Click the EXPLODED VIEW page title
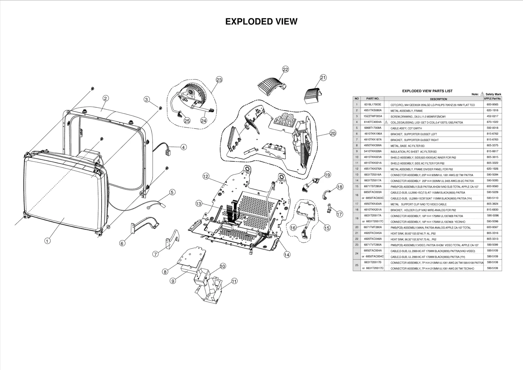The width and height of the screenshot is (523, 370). point(261,22)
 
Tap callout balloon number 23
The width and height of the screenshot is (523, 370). point(219,80)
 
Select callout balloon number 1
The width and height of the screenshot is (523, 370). point(47,241)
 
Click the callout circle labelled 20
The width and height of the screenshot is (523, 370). point(333,133)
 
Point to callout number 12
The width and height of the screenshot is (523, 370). point(206,176)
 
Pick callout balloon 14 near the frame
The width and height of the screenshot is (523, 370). point(287,255)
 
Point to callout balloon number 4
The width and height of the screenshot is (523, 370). point(184,147)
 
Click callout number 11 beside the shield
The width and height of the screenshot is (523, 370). point(234,281)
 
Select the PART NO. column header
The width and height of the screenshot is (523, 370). point(372,98)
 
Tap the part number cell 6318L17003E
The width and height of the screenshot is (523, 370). point(372,105)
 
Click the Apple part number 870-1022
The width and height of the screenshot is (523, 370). point(492,122)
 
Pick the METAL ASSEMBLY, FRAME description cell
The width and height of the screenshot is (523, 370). point(406,111)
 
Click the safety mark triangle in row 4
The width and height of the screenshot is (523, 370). point(386,122)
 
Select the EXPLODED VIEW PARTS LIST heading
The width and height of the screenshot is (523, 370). point(427,91)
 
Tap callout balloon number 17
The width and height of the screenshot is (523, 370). point(340,214)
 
